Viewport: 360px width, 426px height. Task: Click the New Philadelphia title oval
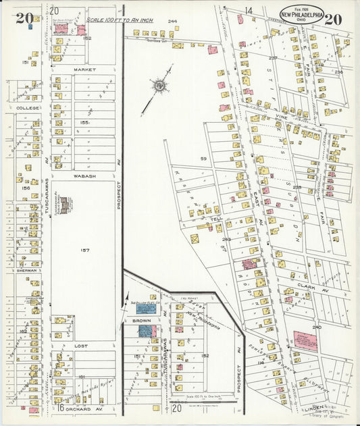(302, 14)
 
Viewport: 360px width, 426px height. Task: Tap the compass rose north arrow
(160, 85)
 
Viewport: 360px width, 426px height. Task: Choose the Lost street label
(82, 346)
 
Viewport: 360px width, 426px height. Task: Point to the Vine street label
(281, 117)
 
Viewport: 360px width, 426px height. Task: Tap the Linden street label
(333, 407)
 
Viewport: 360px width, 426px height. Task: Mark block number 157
(85, 250)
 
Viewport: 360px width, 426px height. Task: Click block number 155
(84, 123)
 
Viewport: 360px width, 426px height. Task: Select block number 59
(203, 159)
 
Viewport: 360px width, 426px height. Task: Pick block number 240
(317, 327)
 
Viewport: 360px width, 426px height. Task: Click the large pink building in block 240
(305, 341)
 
